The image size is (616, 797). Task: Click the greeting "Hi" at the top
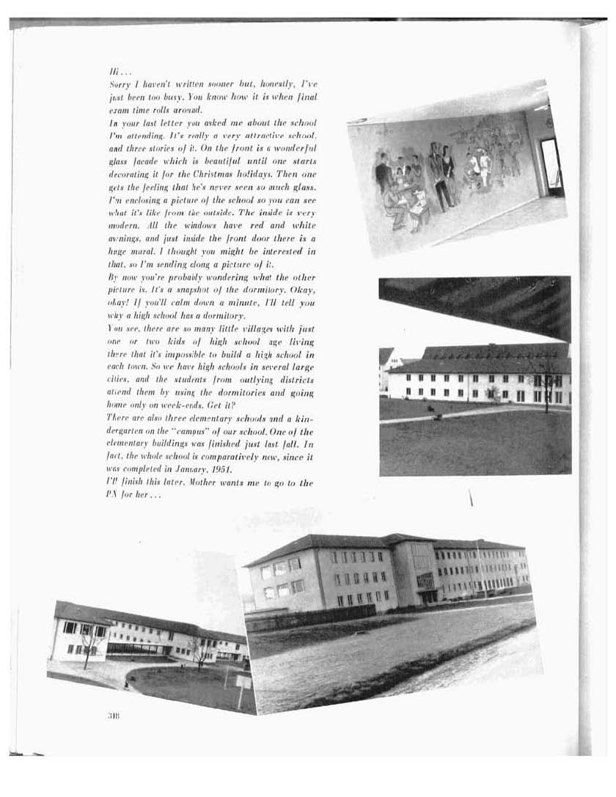[x=113, y=73]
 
